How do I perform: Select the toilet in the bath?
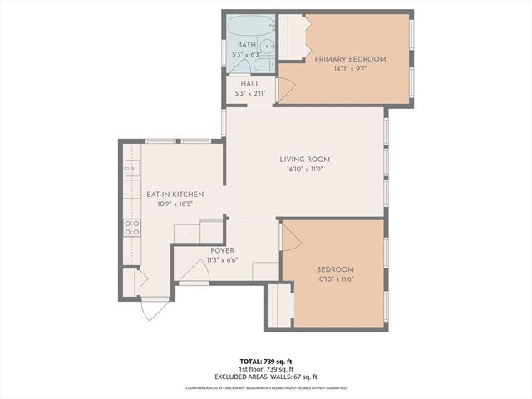[x=259, y=65]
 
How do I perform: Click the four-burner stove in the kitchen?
[x=132, y=227]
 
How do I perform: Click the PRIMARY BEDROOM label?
[x=350, y=58]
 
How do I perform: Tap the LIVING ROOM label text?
[x=304, y=160]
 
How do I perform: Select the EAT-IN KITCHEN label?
[x=170, y=195]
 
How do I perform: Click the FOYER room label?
[x=222, y=250]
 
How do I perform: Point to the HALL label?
[x=249, y=84]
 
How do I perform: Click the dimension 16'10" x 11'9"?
[x=304, y=169]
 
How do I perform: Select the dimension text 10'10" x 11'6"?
[x=335, y=279]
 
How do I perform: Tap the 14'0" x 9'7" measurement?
[x=350, y=68]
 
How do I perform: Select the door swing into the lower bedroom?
[x=290, y=240]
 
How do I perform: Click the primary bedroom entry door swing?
[x=284, y=91]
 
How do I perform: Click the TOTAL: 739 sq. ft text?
[x=265, y=362]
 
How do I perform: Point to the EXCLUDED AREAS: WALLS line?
[x=265, y=377]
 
